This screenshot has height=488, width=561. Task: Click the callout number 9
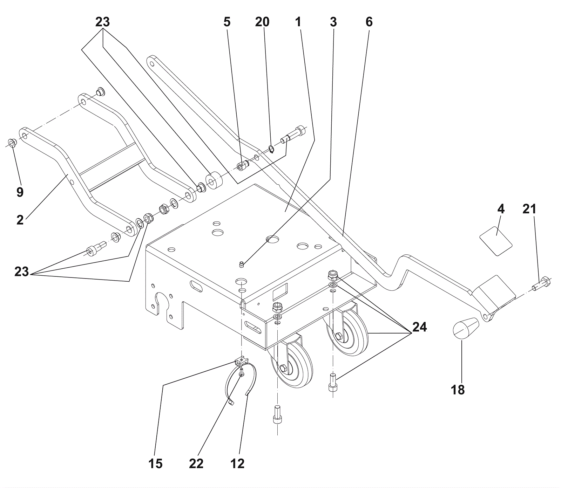[x=20, y=192]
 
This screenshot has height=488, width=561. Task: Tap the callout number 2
[x=20, y=220]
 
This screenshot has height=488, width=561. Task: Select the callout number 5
[x=227, y=22]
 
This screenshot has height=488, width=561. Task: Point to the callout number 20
[x=262, y=22]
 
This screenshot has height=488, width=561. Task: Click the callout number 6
[x=369, y=22]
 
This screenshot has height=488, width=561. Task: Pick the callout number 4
[x=501, y=209]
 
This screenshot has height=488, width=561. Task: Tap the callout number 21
[x=529, y=209]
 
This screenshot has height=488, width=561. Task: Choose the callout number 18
[x=458, y=390]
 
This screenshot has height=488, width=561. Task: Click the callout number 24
[x=419, y=327]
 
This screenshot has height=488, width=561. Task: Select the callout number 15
[x=155, y=463]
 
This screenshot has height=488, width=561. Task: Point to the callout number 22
[x=196, y=463]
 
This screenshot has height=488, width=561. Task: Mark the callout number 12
[x=237, y=463]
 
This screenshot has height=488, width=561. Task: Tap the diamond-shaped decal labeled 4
[x=496, y=241]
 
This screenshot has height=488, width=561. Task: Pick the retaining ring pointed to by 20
[x=271, y=149]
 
